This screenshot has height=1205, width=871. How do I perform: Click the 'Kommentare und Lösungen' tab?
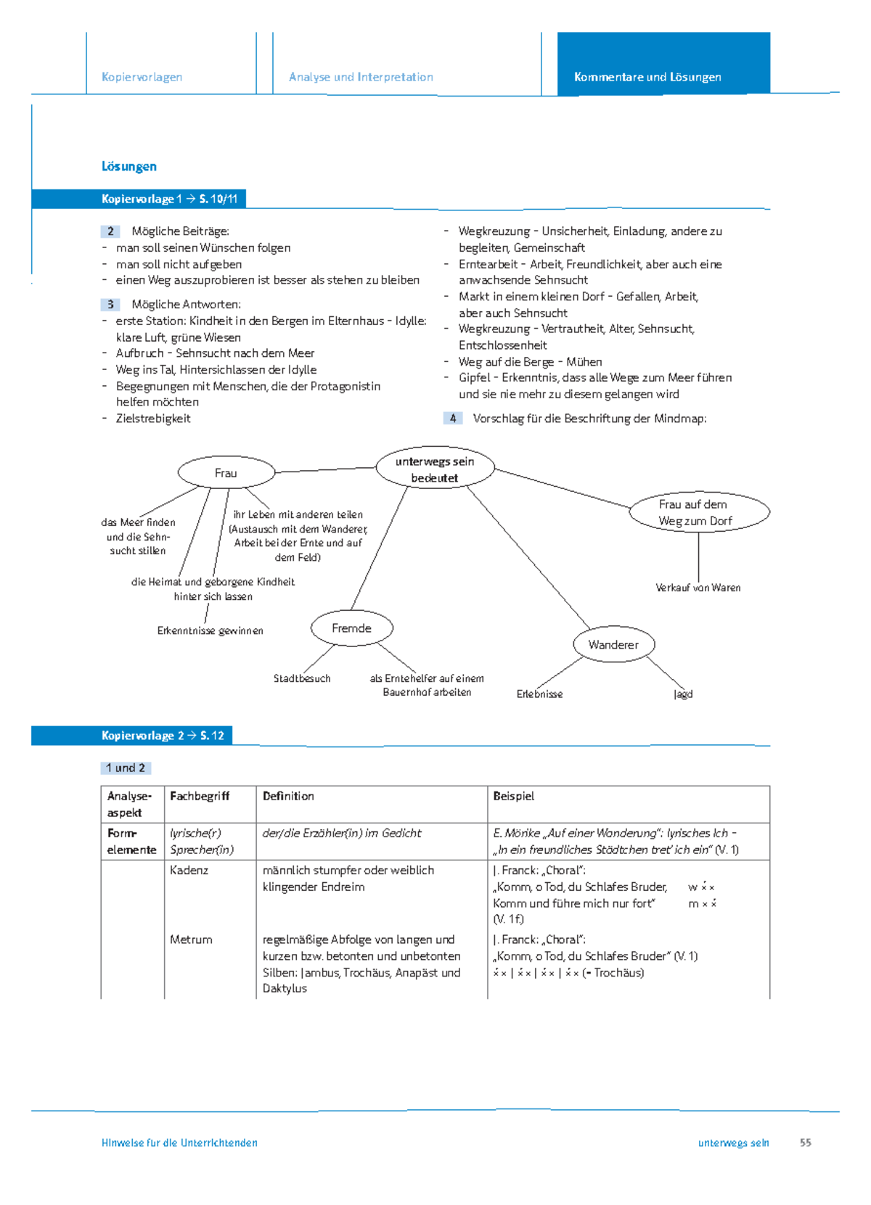click(647, 77)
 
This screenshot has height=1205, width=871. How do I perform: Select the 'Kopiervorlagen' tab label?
click(142, 77)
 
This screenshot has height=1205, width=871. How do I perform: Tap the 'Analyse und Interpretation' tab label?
click(361, 77)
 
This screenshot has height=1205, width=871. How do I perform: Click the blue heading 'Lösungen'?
click(129, 166)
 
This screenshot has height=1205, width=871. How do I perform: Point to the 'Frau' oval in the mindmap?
click(226, 473)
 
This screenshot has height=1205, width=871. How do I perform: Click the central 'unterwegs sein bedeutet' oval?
click(435, 469)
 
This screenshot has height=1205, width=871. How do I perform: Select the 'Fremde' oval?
click(351, 628)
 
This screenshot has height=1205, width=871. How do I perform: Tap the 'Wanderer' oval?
click(613, 644)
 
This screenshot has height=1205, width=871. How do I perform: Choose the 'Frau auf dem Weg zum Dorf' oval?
click(698, 512)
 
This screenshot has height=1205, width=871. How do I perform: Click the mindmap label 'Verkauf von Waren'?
click(698, 588)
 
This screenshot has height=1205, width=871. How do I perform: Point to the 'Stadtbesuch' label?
click(302, 678)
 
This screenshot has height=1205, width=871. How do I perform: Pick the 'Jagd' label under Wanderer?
click(683, 694)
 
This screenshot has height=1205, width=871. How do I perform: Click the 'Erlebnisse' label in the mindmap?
click(539, 694)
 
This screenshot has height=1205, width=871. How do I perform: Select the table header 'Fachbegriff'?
click(200, 796)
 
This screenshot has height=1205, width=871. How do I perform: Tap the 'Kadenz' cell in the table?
click(189, 870)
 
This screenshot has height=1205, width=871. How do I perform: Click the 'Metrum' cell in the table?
click(191, 939)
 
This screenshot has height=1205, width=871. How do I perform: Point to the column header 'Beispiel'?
click(513, 796)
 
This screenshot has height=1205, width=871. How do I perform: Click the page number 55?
click(805, 1143)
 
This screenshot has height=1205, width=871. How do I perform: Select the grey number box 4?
click(453, 419)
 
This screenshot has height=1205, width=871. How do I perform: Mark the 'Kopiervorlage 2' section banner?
click(163, 736)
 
